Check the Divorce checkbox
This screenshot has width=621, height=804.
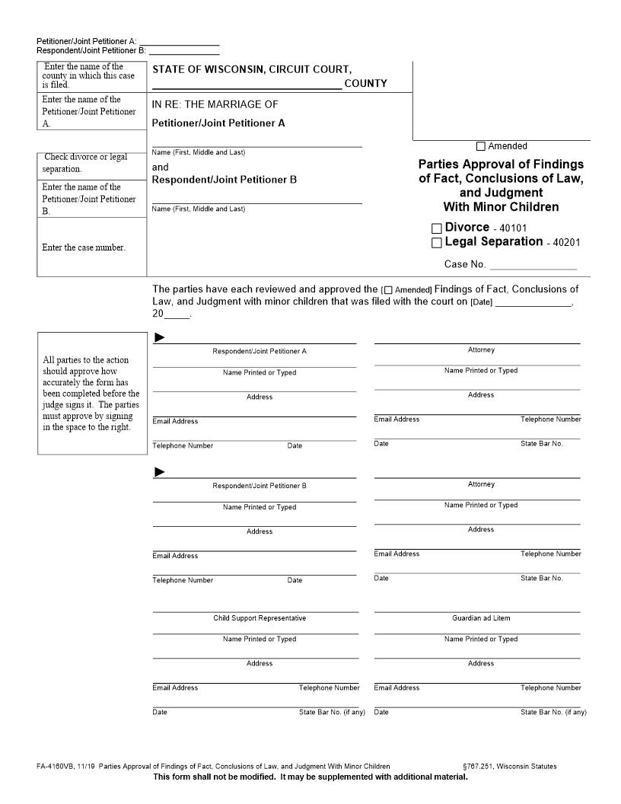436,228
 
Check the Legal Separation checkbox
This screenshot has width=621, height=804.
436,243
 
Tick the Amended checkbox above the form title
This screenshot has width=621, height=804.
481,146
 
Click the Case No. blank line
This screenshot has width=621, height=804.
533,265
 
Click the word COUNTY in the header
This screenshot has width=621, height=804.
365,84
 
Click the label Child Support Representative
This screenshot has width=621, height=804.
260,618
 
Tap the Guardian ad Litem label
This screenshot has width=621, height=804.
481,618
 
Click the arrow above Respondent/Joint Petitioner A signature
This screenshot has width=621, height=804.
160,337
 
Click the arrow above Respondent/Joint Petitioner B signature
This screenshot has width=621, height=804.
160,472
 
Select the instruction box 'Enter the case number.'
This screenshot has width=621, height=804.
84,247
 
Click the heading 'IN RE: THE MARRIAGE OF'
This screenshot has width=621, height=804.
215,104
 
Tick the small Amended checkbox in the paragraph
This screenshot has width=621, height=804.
389,290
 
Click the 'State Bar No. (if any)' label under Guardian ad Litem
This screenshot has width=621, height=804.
553,713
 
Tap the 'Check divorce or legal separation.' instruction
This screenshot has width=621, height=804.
85,163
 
